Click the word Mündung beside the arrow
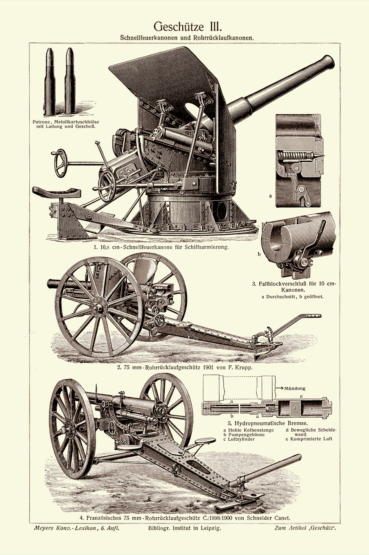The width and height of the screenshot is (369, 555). click(x=295, y=388)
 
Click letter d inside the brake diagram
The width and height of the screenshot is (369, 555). click(x=295, y=408)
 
